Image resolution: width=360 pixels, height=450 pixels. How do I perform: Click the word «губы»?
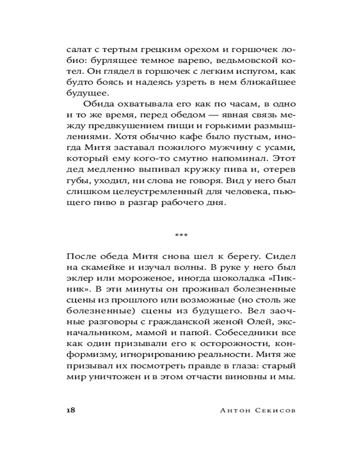[x=76, y=180]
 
